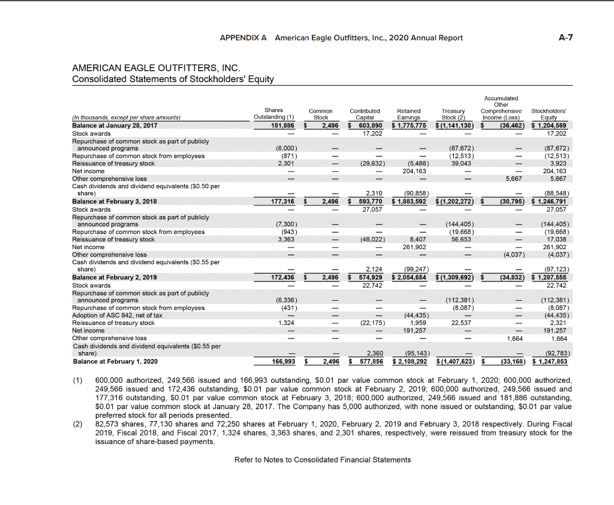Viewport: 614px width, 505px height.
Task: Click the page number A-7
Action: tap(565, 38)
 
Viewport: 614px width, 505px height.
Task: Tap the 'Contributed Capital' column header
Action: tap(365, 114)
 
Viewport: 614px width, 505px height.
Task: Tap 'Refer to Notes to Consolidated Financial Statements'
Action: tap(323, 459)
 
